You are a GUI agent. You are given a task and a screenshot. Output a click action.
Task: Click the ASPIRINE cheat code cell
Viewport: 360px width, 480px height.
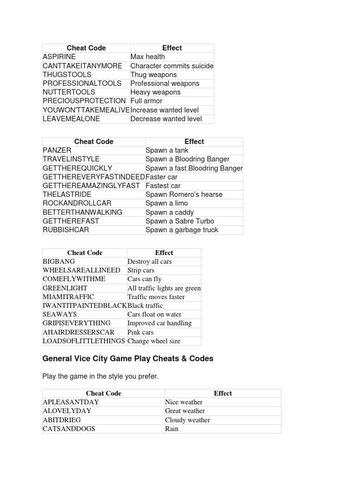click(x=59, y=57)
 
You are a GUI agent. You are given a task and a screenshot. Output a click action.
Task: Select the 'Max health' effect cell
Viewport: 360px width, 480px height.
click(x=148, y=57)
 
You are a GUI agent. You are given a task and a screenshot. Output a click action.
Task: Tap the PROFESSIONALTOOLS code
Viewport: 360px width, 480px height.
click(x=82, y=83)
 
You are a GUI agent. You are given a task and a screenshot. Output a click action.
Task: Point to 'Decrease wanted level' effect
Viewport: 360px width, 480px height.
click(x=166, y=119)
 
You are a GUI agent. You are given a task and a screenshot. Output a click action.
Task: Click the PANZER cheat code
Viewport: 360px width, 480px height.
click(x=57, y=150)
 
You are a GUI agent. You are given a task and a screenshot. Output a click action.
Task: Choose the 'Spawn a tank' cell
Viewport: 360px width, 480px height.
click(x=167, y=150)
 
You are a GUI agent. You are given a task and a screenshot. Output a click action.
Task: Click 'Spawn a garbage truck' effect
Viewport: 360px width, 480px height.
click(x=182, y=230)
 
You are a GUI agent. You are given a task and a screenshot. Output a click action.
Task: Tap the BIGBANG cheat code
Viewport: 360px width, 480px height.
click(x=59, y=262)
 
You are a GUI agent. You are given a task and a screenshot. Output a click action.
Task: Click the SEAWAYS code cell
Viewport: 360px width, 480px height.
click(x=60, y=315)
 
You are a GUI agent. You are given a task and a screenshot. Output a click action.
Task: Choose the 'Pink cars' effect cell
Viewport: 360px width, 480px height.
click(x=141, y=332)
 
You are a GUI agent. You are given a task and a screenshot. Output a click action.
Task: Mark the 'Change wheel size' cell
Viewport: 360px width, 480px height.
click(x=154, y=341)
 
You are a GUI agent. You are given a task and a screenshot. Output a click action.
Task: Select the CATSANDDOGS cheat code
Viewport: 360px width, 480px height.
click(x=69, y=429)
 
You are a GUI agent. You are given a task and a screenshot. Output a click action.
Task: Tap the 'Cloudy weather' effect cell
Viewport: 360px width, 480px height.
click(x=187, y=420)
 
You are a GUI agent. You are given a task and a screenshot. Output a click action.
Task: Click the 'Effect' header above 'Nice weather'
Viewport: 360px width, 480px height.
click(x=223, y=393)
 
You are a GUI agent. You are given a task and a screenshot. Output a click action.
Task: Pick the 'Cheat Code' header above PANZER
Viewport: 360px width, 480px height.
click(x=94, y=142)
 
